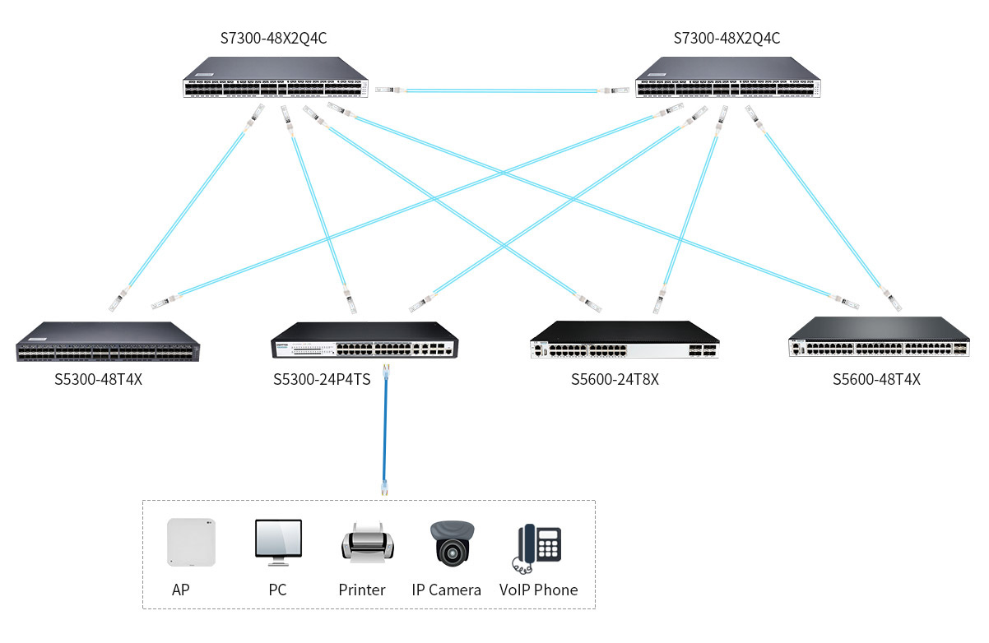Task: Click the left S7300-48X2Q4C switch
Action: point(276,78)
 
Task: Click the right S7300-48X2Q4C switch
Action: point(728,78)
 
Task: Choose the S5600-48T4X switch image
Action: point(879,338)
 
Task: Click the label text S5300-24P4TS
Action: point(322,380)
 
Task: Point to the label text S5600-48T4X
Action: point(876,380)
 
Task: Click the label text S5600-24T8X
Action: point(615,380)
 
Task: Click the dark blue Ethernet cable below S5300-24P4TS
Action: point(385,432)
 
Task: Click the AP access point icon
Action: point(191,542)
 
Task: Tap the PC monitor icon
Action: point(278,543)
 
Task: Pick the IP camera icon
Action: point(453,543)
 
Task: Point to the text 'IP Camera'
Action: point(446,590)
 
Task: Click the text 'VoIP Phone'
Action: point(538,590)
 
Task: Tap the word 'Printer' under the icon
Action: point(362,590)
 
